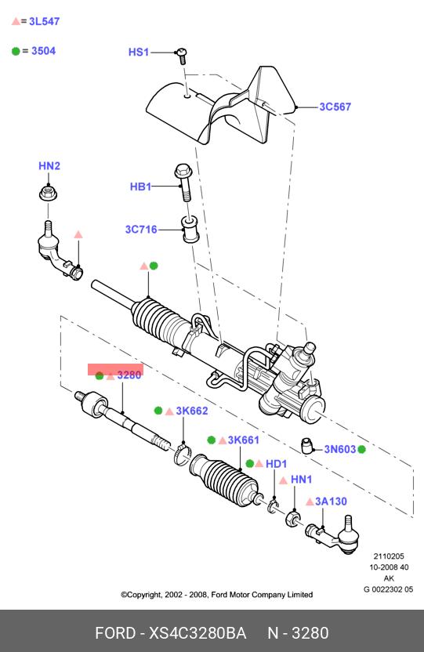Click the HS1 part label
point(139,53)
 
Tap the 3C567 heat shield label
point(335,107)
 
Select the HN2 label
point(49,166)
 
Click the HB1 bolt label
point(140,187)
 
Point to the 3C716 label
point(141,230)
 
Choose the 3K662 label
point(192,411)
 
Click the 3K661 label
point(244,440)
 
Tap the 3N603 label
point(340,450)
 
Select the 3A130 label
point(331,502)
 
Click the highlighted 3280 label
point(129,375)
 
